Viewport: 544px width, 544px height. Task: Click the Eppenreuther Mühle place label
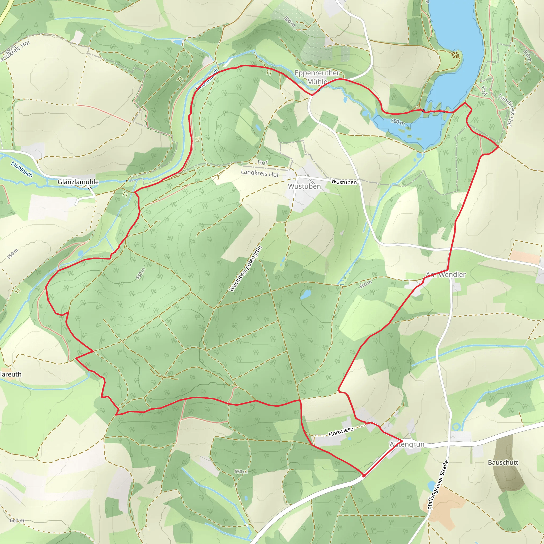[x=317, y=77]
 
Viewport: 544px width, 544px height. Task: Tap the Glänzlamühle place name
[x=78, y=182]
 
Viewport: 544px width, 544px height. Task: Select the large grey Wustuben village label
[x=304, y=186]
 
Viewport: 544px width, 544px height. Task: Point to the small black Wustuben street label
[x=344, y=182]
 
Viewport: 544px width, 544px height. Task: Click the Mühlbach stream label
[x=22, y=169]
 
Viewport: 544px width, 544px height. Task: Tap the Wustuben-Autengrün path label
[x=245, y=268]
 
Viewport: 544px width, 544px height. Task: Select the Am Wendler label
[x=446, y=275]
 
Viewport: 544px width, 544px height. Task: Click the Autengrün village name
[x=407, y=444]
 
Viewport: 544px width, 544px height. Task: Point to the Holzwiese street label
[x=341, y=431]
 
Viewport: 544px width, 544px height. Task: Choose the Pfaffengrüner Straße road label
[x=438, y=485]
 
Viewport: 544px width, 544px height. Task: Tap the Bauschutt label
[x=503, y=463]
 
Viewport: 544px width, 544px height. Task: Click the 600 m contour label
[x=17, y=521]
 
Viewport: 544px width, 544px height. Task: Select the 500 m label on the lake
[x=398, y=122]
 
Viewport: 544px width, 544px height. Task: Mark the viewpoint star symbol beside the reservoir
[x=455, y=56]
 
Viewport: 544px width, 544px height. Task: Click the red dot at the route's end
[x=364, y=475]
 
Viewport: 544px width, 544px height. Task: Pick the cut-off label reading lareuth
[x=11, y=375]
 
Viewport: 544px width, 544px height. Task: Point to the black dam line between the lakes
[x=439, y=111]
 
